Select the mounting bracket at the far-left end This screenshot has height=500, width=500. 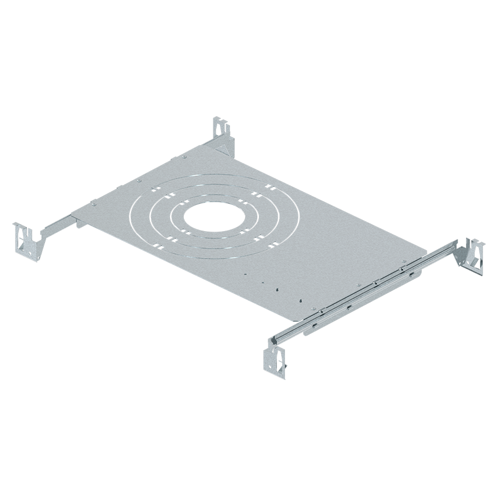26,238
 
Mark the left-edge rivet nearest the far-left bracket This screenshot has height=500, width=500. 93,203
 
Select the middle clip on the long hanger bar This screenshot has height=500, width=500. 377,283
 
